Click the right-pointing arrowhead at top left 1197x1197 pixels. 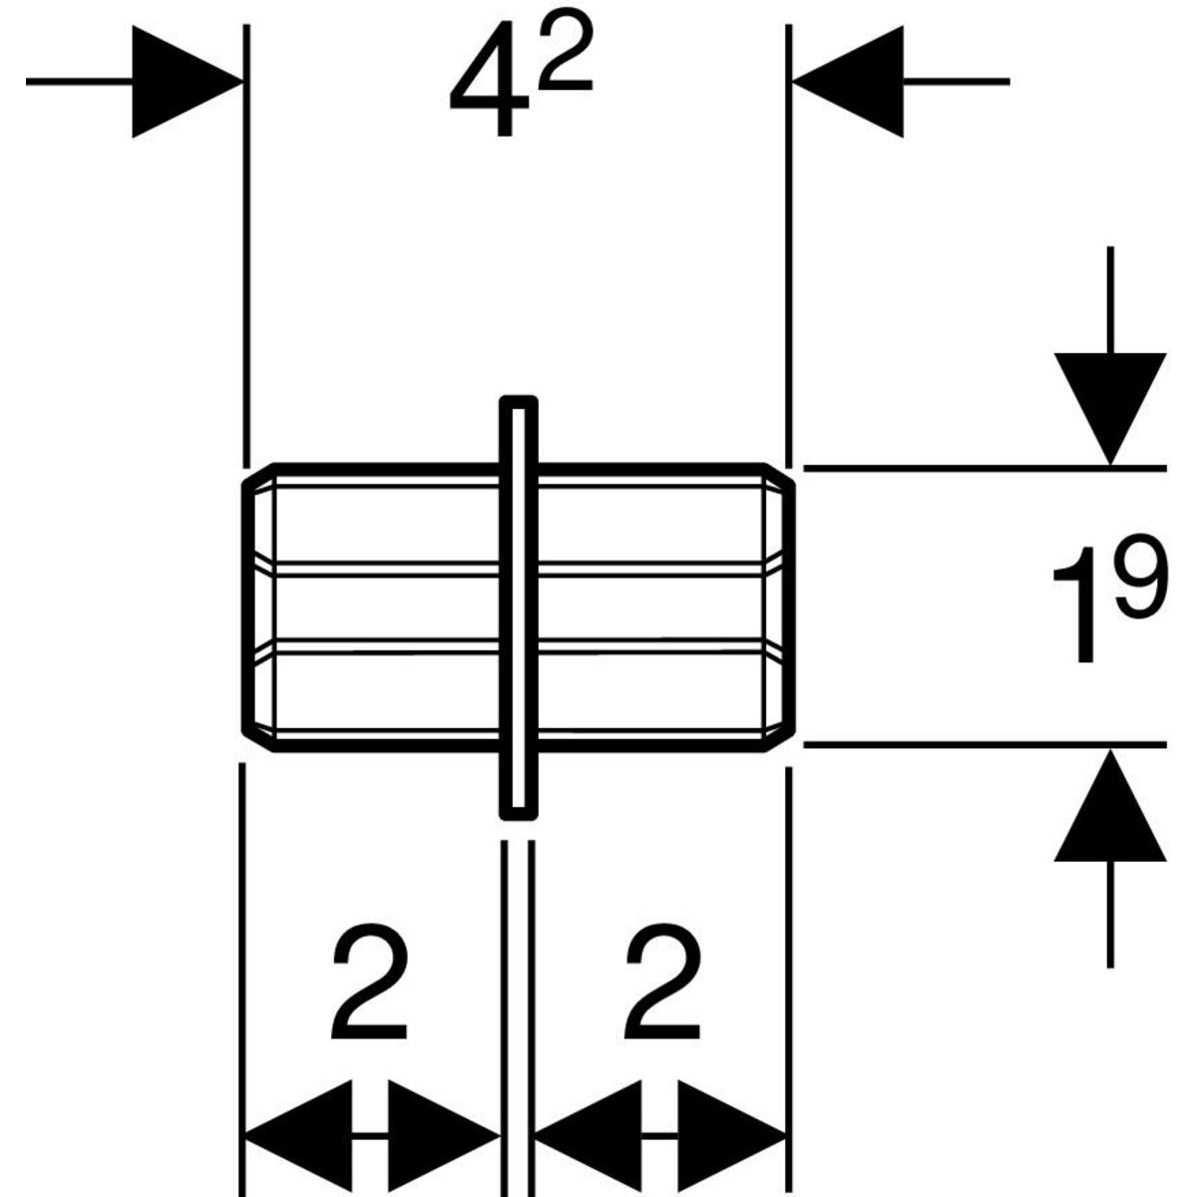pyautogui.click(x=186, y=81)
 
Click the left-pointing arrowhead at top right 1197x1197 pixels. pyautogui.click(x=848, y=81)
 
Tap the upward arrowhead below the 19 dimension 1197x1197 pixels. pyautogui.click(x=1110, y=808)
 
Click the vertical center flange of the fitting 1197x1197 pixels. pyautogui.click(x=517, y=608)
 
